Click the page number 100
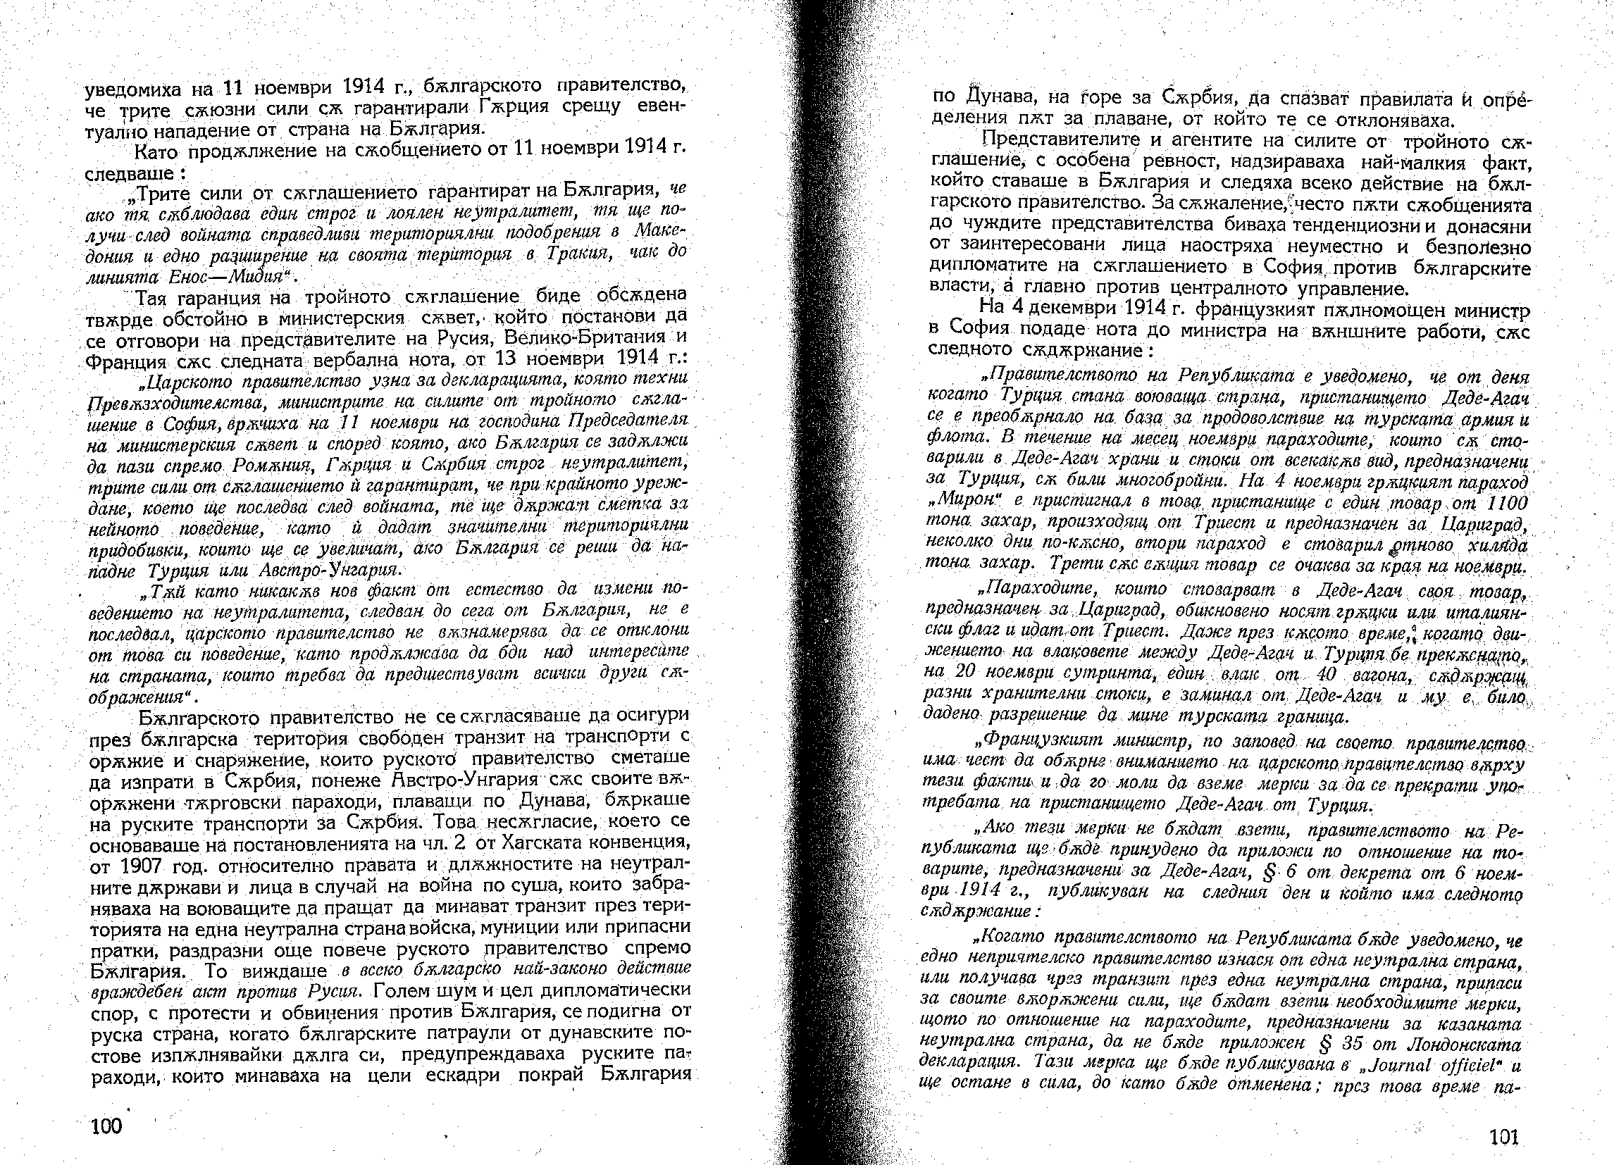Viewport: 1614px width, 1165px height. pos(106,1126)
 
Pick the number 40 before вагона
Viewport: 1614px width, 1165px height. pos(1323,673)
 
